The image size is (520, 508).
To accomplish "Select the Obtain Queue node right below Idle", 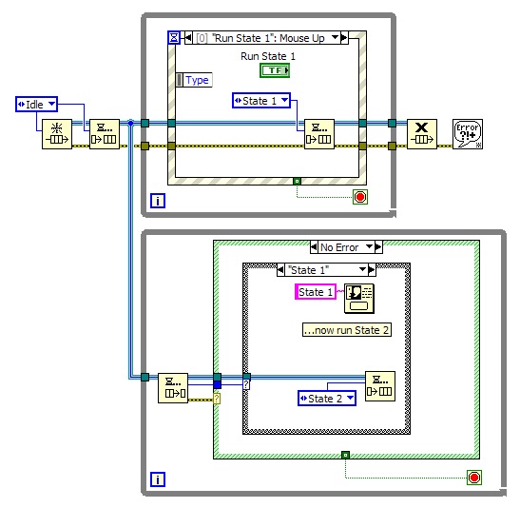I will pyautogui.click(x=56, y=135).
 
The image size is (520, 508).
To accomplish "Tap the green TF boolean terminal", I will pyautogui.click(x=274, y=71).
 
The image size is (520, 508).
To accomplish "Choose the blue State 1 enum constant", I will pyautogui.click(x=260, y=100).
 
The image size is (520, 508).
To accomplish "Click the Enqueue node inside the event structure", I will pyautogui.click(x=318, y=134).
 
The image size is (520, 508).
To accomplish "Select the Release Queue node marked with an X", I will pyautogui.click(x=421, y=134).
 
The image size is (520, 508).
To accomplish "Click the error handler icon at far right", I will pyautogui.click(x=467, y=134).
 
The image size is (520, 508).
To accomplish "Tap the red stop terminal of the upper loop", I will pyautogui.click(x=359, y=197).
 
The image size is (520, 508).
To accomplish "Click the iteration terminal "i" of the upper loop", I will pyautogui.click(x=158, y=201).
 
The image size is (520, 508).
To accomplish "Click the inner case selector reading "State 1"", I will pyautogui.click(x=326, y=270).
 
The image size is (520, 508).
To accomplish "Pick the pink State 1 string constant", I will pyautogui.click(x=316, y=292).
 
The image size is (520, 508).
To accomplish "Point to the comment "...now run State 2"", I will pyautogui.click(x=346, y=330).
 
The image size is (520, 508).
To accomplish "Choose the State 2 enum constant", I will pyautogui.click(x=326, y=398).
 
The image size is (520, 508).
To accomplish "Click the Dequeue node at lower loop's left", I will pyautogui.click(x=172, y=387).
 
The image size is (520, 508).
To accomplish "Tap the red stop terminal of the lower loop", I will pyautogui.click(x=473, y=477).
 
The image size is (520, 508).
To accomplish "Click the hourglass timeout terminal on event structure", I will pyautogui.click(x=173, y=38).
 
